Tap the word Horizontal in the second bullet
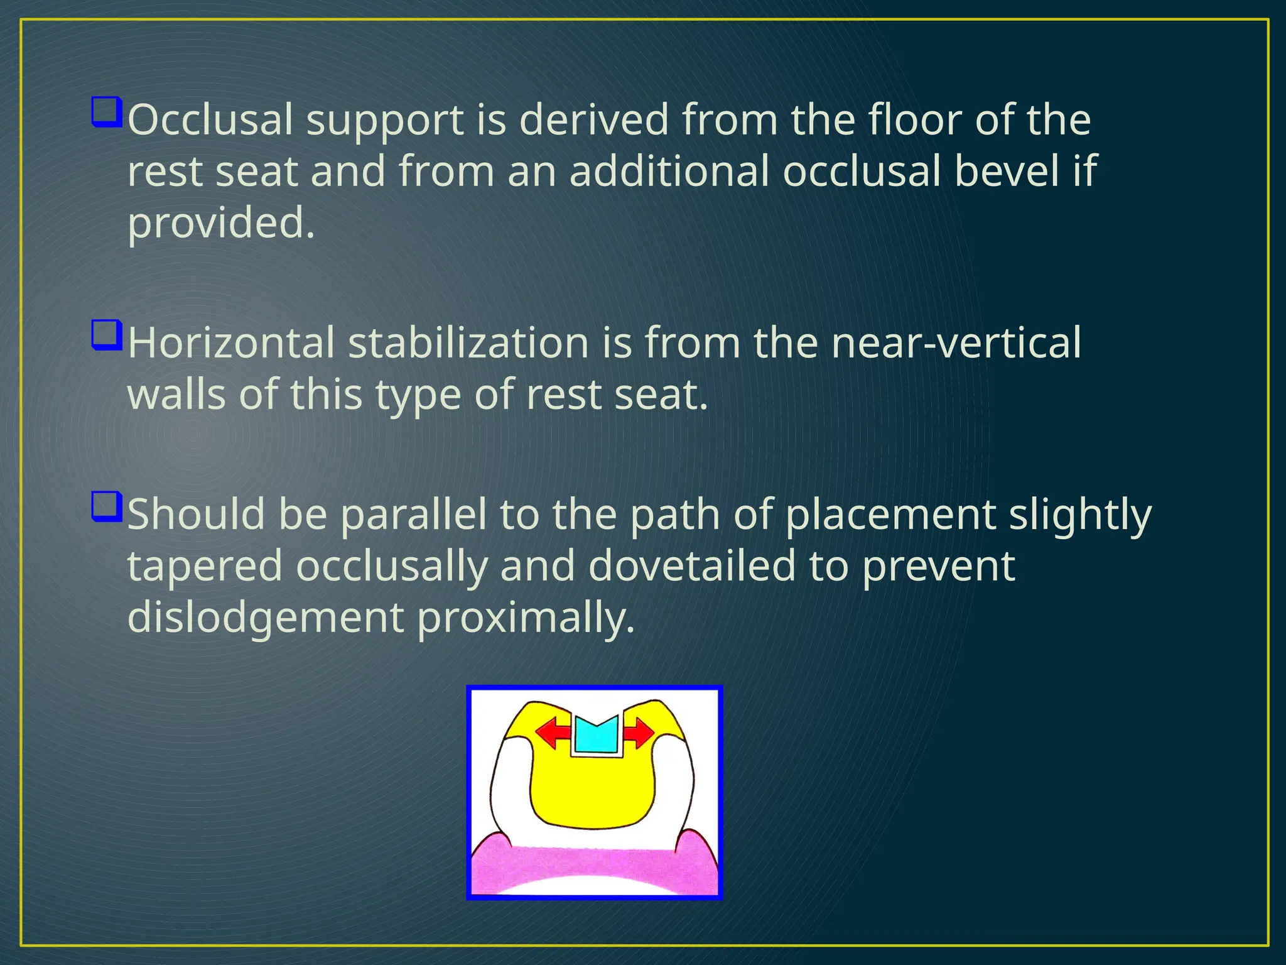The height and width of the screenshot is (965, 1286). (x=231, y=343)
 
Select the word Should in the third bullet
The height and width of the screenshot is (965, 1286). (x=196, y=514)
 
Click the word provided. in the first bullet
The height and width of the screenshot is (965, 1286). (x=221, y=224)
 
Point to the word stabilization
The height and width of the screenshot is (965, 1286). (x=468, y=343)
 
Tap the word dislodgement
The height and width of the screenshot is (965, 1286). (x=265, y=618)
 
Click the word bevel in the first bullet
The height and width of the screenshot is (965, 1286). (x=1007, y=171)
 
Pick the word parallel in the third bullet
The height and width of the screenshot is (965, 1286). (x=413, y=514)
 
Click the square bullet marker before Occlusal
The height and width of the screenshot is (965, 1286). (x=105, y=112)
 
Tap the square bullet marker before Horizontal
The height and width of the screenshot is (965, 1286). (x=105, y=335)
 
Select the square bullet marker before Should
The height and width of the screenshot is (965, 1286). (x=105, y=506)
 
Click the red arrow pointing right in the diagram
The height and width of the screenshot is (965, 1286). (x=639, y=733)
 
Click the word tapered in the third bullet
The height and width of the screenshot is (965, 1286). (x=205, y=565)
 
